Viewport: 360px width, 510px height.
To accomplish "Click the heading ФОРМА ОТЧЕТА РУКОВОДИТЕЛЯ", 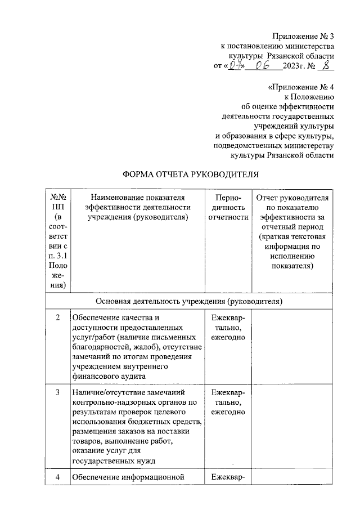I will pos(190,174).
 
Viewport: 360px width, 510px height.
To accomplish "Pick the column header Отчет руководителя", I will pos(292,232).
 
